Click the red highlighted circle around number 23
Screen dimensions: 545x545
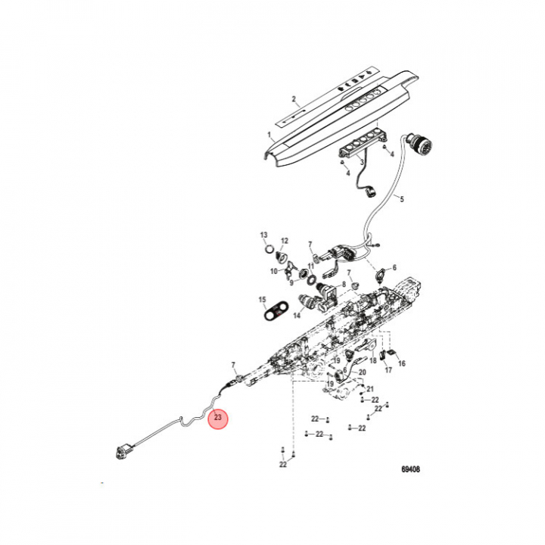tap(218, 418)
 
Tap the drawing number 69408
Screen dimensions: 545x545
tap(410, 469)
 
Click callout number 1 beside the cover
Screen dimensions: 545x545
tap(269, 135)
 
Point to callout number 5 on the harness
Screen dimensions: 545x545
tap(401, 200)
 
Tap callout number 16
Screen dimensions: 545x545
tap(402, 363)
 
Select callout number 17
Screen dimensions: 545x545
tap(388, 371)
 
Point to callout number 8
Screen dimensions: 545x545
tap(354, 284)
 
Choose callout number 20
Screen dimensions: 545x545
tap(362, 372)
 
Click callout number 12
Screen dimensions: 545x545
tap(285, 241)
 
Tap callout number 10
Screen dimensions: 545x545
tap(273, 271)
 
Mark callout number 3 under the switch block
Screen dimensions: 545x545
tap(362, 162)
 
